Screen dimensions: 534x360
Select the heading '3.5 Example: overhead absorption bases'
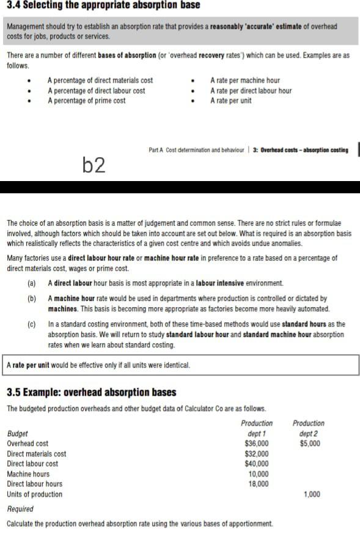pyautogui.click(x=91, y=392)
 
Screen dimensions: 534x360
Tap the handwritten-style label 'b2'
pyautogui.click(x=94, y=165)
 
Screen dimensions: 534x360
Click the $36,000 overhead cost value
pyautogui.click(x=256, y=443)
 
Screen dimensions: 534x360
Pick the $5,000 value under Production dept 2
pyautogui.click(x=309, y=443)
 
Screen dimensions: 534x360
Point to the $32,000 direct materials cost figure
pyautogui.click(x=256, y=454)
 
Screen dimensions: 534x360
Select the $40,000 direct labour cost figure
pyautogui.click(x=256, y=464)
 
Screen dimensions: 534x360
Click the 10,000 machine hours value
pyautogui.click(x=258, y=474)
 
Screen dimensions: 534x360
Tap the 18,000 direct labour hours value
pyautogui.click(x=258, y=484)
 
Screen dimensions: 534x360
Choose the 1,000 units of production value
pyautogui.click(x=312, y=494)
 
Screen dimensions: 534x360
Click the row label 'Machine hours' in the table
pyautogui.click(x=28, y=474)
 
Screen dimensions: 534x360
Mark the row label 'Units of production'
pyautogui.click(x=34, y=494)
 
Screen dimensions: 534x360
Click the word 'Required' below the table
pyautogui.click(x=20, y=509)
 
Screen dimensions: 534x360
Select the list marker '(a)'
pyautogui.click(x=32, y=283)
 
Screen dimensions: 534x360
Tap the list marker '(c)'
pyautogui.click(x=32, y=324)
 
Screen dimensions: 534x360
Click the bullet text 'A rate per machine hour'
pyautogui.click(x=244, y=80)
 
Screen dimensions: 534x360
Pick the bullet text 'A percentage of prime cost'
pyautogui.click(x=86, y=101)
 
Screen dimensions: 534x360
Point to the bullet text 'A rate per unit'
pyautogui.click(x=230, y=101)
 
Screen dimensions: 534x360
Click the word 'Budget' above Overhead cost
pyautogui.click(x=17, y=433)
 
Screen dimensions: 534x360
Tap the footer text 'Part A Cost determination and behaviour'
pyautogui.click(x=196, y=150)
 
